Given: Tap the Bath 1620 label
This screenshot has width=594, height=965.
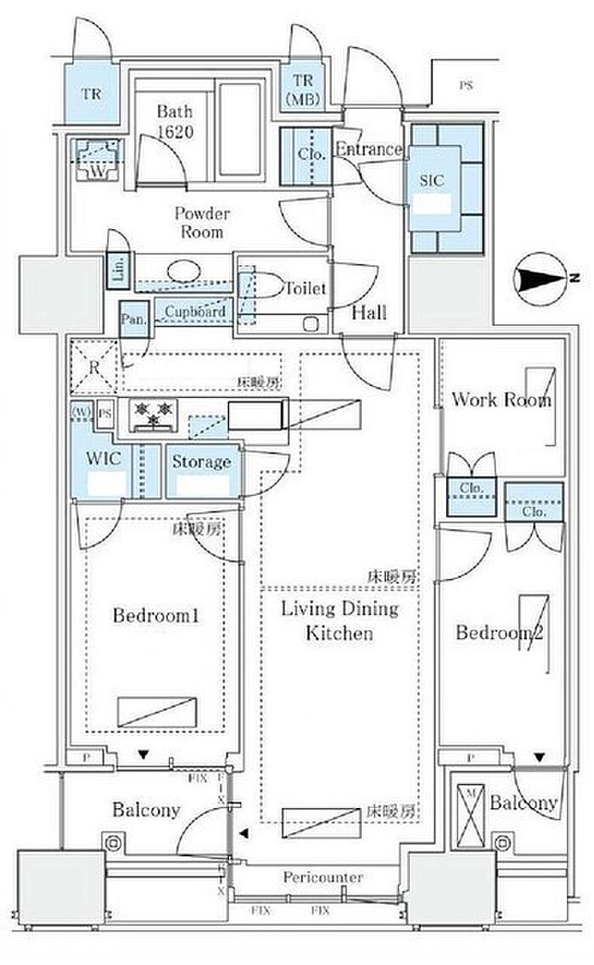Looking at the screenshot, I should pyautogui.click(x=174, y=121).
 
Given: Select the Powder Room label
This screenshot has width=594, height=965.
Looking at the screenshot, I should pyautogui.click(x=202, y=222).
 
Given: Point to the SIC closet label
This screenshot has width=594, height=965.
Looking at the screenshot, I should pyautogui.click(x=432, y=181).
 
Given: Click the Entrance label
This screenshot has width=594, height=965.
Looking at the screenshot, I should pyautogui.click(x=369, y=149).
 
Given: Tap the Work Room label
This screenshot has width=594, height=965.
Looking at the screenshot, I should pyautogui.click(x=501, y=399).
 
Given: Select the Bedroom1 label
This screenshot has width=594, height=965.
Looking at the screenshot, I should pyautogui.click(x=156, y=615).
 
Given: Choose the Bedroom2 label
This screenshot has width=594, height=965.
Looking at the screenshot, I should pyautogui.click(x=499, y=632).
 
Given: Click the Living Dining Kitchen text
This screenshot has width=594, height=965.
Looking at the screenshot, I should pyautogui.click(x=339, y=620).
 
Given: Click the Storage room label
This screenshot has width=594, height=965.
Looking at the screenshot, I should pyautogui.click(x=202, y=462).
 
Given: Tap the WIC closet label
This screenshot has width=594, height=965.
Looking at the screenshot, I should pyautogui.click(x=104, y=459).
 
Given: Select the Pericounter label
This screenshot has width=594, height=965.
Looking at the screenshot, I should pyautogui.click(x=323, y=877).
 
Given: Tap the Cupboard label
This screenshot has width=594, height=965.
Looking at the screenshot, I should pyautogui.click(x=195, y=311).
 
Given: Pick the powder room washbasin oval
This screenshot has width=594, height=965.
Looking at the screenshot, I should pyautogui.click(x=183, y=272).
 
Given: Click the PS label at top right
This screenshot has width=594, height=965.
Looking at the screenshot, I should pyautogui.click(x=465, y=85).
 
